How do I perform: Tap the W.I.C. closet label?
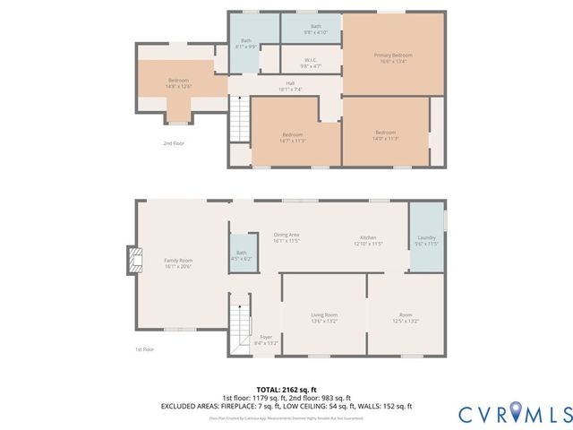[x=309, y=64]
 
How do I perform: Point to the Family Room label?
[x=178, y=263]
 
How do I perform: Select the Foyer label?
[x=267, y=340]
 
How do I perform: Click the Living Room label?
[x=323, y=317]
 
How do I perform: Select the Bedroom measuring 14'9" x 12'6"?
[x=178, y=83]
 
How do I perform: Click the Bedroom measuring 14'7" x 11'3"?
[x=294, y=137]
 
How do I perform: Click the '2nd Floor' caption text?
[x=174, y=142]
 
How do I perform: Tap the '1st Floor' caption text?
[x=145, y=349]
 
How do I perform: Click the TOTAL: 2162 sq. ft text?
[x=286, y=391]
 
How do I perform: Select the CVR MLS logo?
[x=515, y=413]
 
